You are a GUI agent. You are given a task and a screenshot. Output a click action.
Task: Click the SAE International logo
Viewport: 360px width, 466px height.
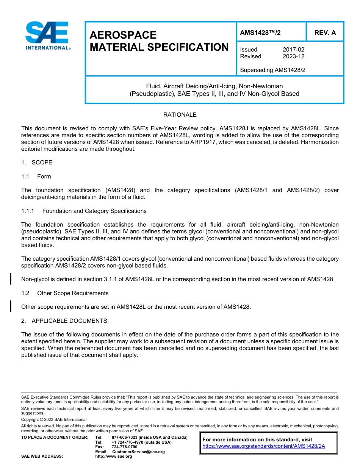point(47,35)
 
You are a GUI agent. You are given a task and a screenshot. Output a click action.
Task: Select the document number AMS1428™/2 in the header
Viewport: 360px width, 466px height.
point(260,33)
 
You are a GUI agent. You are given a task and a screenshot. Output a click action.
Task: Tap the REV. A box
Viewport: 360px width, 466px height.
point(325,33)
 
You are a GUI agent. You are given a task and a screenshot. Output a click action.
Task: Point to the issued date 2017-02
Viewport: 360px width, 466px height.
point(293,50)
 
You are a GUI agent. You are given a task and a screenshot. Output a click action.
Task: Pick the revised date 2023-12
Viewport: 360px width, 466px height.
point(293,56)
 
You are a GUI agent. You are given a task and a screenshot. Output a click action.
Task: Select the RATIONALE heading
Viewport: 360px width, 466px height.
point(180,115)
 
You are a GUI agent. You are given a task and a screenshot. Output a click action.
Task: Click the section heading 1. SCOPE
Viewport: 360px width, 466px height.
point(37,163)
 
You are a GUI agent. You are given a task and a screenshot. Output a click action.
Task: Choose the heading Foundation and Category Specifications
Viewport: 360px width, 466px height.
point(94,211)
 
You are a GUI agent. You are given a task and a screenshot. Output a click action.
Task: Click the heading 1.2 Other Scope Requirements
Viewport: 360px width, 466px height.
point(65,293)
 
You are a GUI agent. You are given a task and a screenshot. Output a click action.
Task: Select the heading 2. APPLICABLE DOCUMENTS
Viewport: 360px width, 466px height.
point(64,321)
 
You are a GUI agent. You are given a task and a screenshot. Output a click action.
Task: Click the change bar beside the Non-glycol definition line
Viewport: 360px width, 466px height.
point(11,279)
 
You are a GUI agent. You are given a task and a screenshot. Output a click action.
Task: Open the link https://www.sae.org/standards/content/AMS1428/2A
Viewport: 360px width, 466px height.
point(264,446)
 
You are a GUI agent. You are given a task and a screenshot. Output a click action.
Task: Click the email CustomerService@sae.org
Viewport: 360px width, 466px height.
point(138,452)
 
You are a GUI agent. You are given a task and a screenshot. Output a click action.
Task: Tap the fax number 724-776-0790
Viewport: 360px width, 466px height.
point(125,447)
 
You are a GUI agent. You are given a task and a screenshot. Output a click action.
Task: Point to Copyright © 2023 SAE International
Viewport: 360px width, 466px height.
point(54,420)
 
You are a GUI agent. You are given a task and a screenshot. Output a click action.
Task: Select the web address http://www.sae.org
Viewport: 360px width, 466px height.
point(114,457)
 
